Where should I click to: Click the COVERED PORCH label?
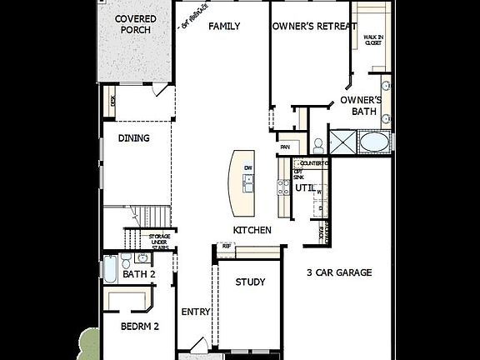click(134, 24)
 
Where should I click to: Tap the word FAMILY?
click(224, 27)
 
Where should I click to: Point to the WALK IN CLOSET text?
click(372, 40)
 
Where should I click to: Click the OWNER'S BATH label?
click(361, 106)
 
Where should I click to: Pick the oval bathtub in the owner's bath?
click(374, 142)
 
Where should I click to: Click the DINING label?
click(133, 138)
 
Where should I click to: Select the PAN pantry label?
click(285, 147)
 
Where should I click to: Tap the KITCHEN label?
click(252, 230)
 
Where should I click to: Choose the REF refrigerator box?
click(225, 246)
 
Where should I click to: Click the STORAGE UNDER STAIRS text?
click(159, 242)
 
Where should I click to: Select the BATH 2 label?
click(138, 274)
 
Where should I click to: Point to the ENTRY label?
click(195, 312)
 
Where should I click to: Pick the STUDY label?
click(250, 282)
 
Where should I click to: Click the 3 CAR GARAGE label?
click(338, 272)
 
